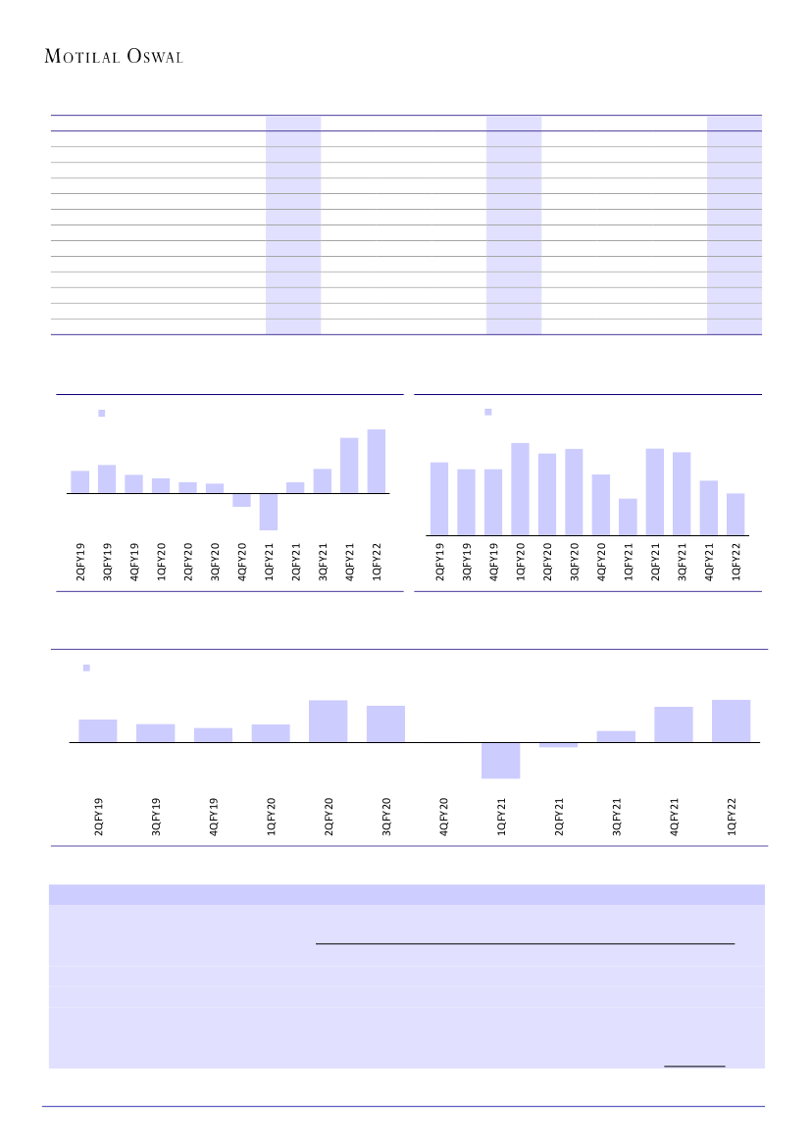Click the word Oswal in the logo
click(x=155, y=57)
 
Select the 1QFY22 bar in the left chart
click(x=376, y=462)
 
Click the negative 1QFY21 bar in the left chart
click(x=269, y=511)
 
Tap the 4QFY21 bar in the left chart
click(x=349, y=466)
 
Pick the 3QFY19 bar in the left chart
click(x=107, y=479)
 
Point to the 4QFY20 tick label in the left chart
click(x=242, y=562)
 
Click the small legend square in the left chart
click(x=101, y=414)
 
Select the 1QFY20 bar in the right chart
click(x=520, y=489)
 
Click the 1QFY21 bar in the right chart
click(x=628, y=517)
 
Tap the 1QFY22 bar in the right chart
click(x=735, y=515)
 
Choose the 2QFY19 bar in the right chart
click(x=439, y=499)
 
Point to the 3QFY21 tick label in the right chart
click(x=683, y=562)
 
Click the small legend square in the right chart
click(x=487, y=412)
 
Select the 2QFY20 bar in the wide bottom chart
click(x=328, y=722)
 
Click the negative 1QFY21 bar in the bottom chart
click(x=500, y=760)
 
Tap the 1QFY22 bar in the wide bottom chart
click(x=731, y=722)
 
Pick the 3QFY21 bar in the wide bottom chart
click(x=616, y=736)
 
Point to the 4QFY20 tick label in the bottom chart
click(x=444, y=816)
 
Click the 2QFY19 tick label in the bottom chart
click(x=98, y=816)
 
